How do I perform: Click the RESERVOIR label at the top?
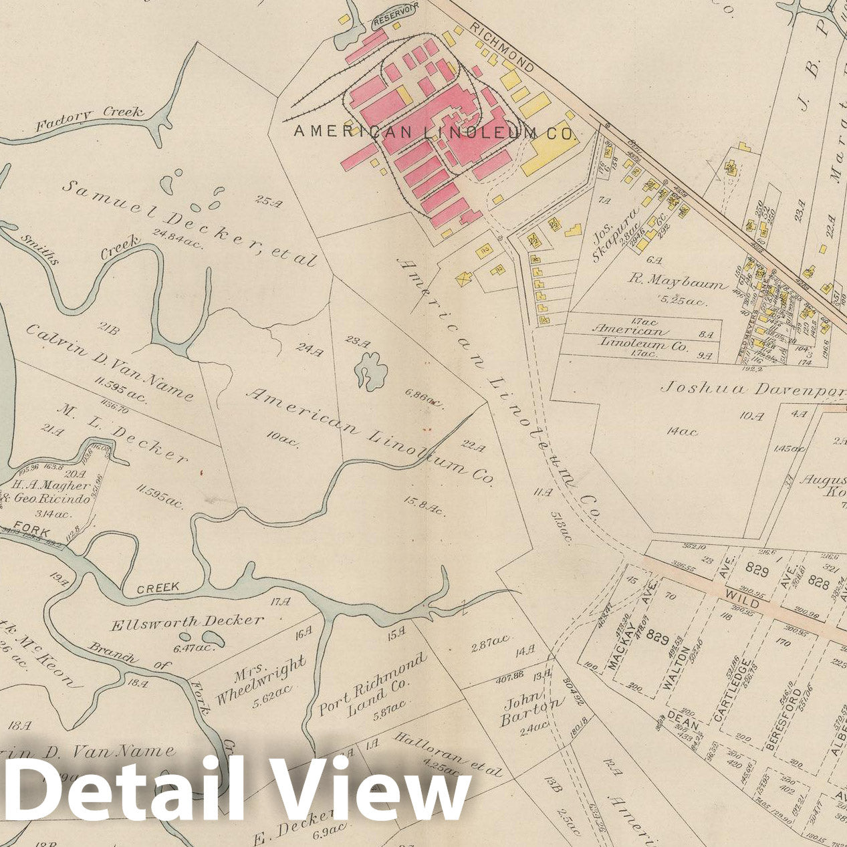[x=395, y=21]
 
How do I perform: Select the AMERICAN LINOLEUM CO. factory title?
[x=435, y=132]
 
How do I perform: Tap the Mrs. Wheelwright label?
[x=261, y=681]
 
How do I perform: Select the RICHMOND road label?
[x=502, y=47]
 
